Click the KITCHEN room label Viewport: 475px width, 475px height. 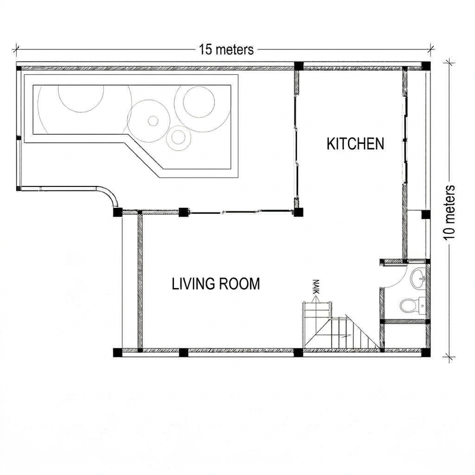355,144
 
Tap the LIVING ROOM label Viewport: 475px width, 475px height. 216,284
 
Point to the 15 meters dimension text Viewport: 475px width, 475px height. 226,50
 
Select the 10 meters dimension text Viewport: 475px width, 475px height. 450,213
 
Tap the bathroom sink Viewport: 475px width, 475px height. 419,278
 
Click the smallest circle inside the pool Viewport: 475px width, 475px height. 153,121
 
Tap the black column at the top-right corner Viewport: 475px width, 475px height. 426,66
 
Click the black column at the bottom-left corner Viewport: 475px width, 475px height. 118,353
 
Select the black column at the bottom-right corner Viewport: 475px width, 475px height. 426,353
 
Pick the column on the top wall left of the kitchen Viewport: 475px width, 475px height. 299,66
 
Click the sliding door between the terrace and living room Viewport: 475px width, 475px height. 241,212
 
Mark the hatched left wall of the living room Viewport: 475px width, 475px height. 140,280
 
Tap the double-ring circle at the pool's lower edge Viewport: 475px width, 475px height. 179,137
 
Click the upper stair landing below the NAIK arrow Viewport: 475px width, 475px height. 317,309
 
